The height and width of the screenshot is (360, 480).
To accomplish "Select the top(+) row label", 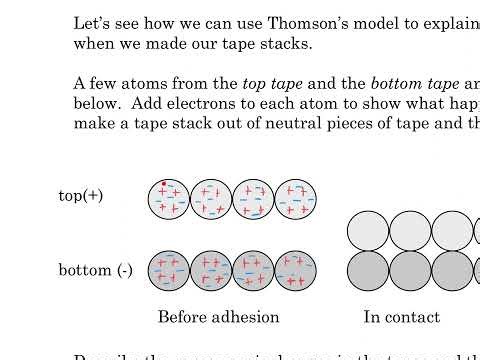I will (81, 196).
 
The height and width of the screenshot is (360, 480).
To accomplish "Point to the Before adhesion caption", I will (219, 317).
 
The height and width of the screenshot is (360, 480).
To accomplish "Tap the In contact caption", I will (401, 317).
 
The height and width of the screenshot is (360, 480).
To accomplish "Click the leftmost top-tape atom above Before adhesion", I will (169, 198).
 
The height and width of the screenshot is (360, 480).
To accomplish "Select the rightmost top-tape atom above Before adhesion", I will (295, 198).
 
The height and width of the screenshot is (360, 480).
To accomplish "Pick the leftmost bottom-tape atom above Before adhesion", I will (169, 270).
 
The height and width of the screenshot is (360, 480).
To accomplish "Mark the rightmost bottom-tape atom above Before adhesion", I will (295, 270).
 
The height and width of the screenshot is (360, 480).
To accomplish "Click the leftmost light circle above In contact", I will (368, 231).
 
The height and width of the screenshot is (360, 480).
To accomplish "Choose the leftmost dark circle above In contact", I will (368, 270).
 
